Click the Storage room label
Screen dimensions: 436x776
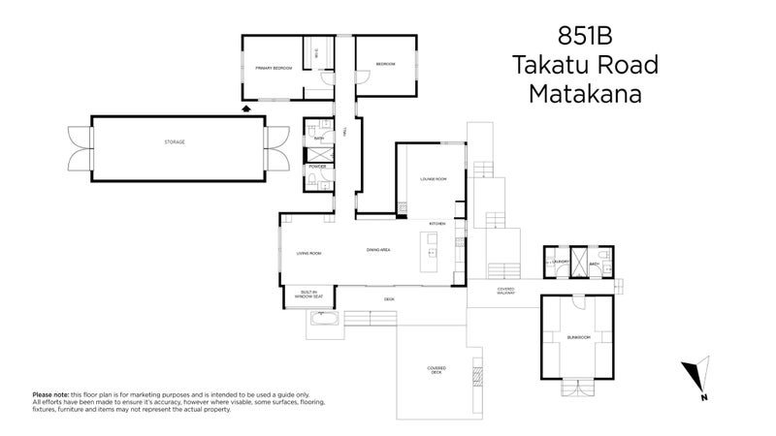click(x=175, y=142)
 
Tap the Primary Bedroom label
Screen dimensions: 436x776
click(x=274, y=69)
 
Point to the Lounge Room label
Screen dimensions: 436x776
click(x=433, y=179)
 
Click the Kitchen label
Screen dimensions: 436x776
click(x=436, y=224)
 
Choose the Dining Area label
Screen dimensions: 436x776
click(x=378, y=250)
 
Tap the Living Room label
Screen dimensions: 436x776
click(x=308, y=253)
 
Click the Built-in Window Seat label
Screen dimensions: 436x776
click(x=309, y=293)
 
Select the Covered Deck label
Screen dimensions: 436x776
click(x=435, y=369)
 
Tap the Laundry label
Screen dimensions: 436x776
click(x=559, y=262)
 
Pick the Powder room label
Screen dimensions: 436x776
click(x=317, y=167)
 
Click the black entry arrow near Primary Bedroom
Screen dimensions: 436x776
click(x=245, y=109)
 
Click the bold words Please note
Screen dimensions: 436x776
click(x=50, y=394)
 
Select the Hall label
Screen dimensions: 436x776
click(x=345, y=132)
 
